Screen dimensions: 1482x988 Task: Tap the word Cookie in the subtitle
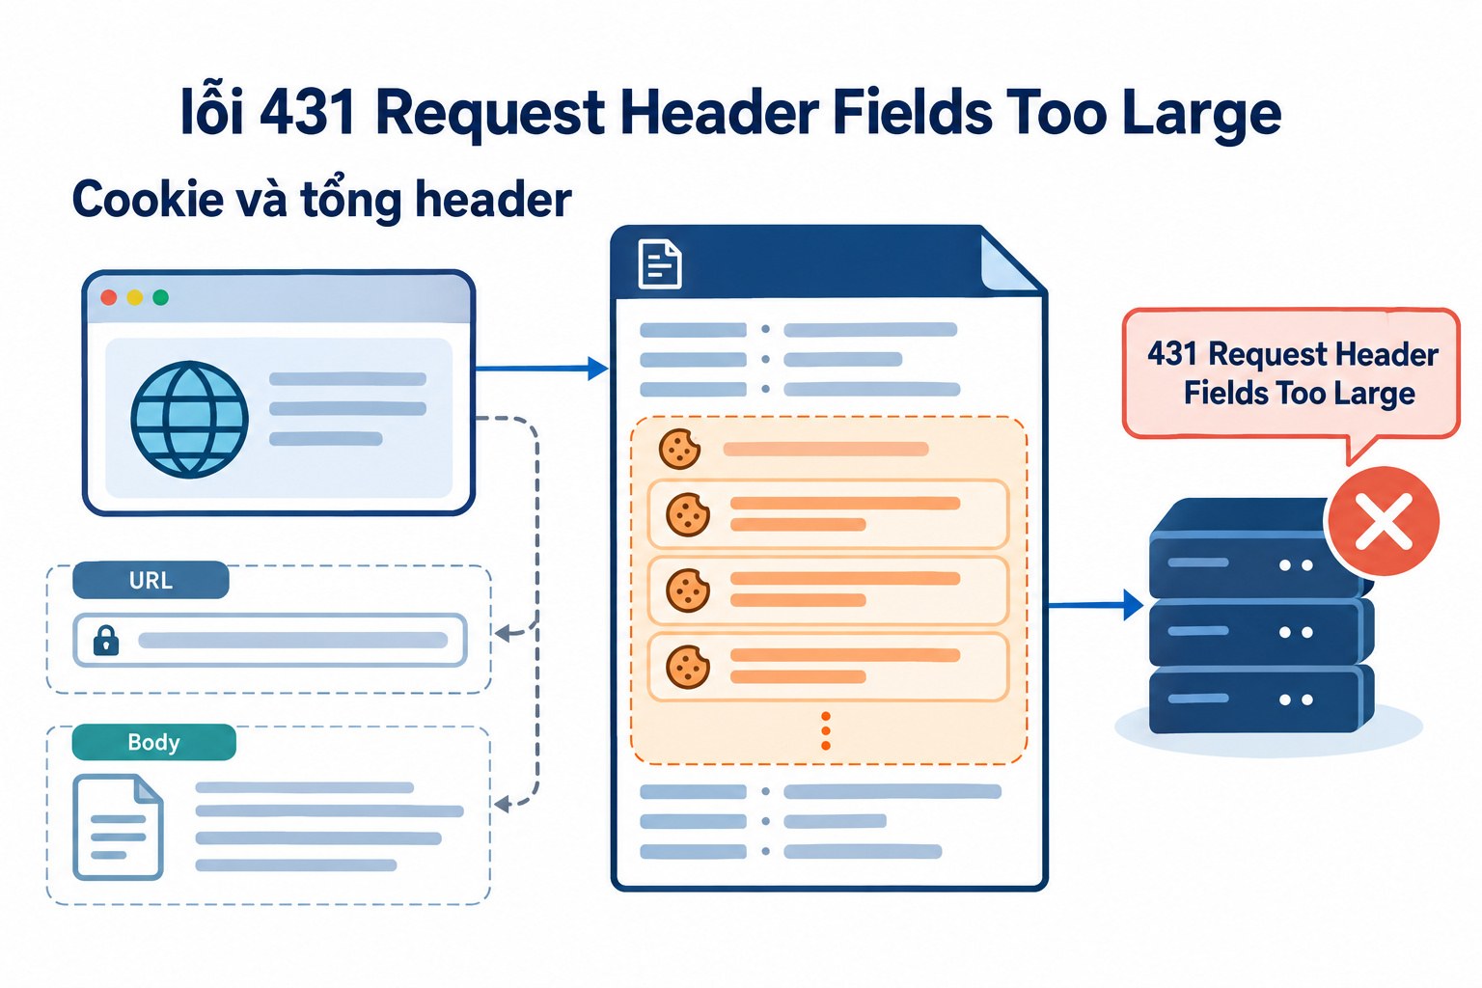point(148,199)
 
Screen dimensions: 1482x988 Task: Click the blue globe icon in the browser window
point(189,419)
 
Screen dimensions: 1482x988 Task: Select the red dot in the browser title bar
point(108,298)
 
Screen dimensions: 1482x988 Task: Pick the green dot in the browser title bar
point(160,298)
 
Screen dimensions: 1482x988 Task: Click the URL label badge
point(151,581)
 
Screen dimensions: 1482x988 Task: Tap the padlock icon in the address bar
point(106,640)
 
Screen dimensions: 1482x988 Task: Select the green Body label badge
point(153,742)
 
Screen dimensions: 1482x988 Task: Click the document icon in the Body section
point(118,827)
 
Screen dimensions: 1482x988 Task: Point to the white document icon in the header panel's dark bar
point(660,264)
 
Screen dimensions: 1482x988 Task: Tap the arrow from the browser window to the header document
point(542,368)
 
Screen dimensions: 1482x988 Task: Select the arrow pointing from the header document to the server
point(1095,605)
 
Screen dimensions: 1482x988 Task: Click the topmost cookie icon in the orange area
point(679,449)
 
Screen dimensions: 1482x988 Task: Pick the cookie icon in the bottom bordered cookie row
point(687,667)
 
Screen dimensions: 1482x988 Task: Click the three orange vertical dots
point(826,731)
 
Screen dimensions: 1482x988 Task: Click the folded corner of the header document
point(1011,262)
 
